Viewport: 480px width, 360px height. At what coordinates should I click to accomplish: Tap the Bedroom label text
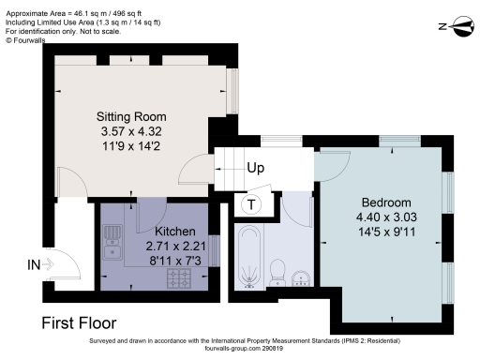pyautogui.click(x=386, y=202)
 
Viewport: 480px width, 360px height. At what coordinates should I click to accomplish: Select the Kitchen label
pyautogui.click(x=174, y=232)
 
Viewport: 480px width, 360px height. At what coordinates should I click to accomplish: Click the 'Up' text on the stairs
pyautogui.click(x=255, y=169)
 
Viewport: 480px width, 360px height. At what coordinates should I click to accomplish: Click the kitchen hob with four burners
pyautogui.click(x=178, y=278)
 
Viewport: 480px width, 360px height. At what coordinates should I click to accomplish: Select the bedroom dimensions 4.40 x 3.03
pyautogui.click(x=386, y=217)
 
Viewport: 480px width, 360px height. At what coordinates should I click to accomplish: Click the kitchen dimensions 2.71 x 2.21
pyautogui.click(x=174, y=246)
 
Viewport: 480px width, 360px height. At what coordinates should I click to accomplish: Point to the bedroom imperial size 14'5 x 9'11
pyautogui.click(x=386, y=232)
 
